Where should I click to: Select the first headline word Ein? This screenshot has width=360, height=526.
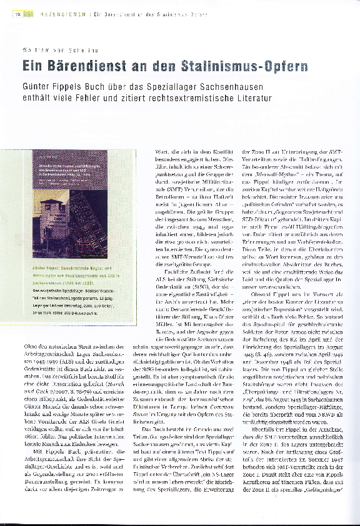(33, 66)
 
